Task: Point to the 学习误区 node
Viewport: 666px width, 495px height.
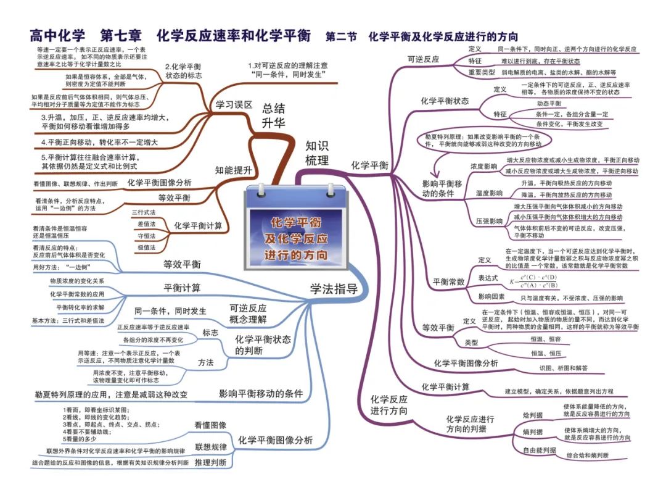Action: pyautogui.click(x=233, y=104)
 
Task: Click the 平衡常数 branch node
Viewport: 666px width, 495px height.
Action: pyautogui.click(x=448, y=281)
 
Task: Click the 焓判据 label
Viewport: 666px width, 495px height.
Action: pyautogui.click(x=533, y=415)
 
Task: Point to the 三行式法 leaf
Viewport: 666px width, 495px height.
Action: pyautogui.click(x=144, y=212)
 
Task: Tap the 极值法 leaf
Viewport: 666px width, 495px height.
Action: pyautogui.click(x=146, y=247)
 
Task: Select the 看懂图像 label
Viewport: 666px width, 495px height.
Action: pyautogui.click(x=210, y=425)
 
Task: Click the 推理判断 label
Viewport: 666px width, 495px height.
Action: pyautogui.click(x=210, y=462)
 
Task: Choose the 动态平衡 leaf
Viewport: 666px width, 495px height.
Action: pyautogui.click(x=548, y=104)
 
